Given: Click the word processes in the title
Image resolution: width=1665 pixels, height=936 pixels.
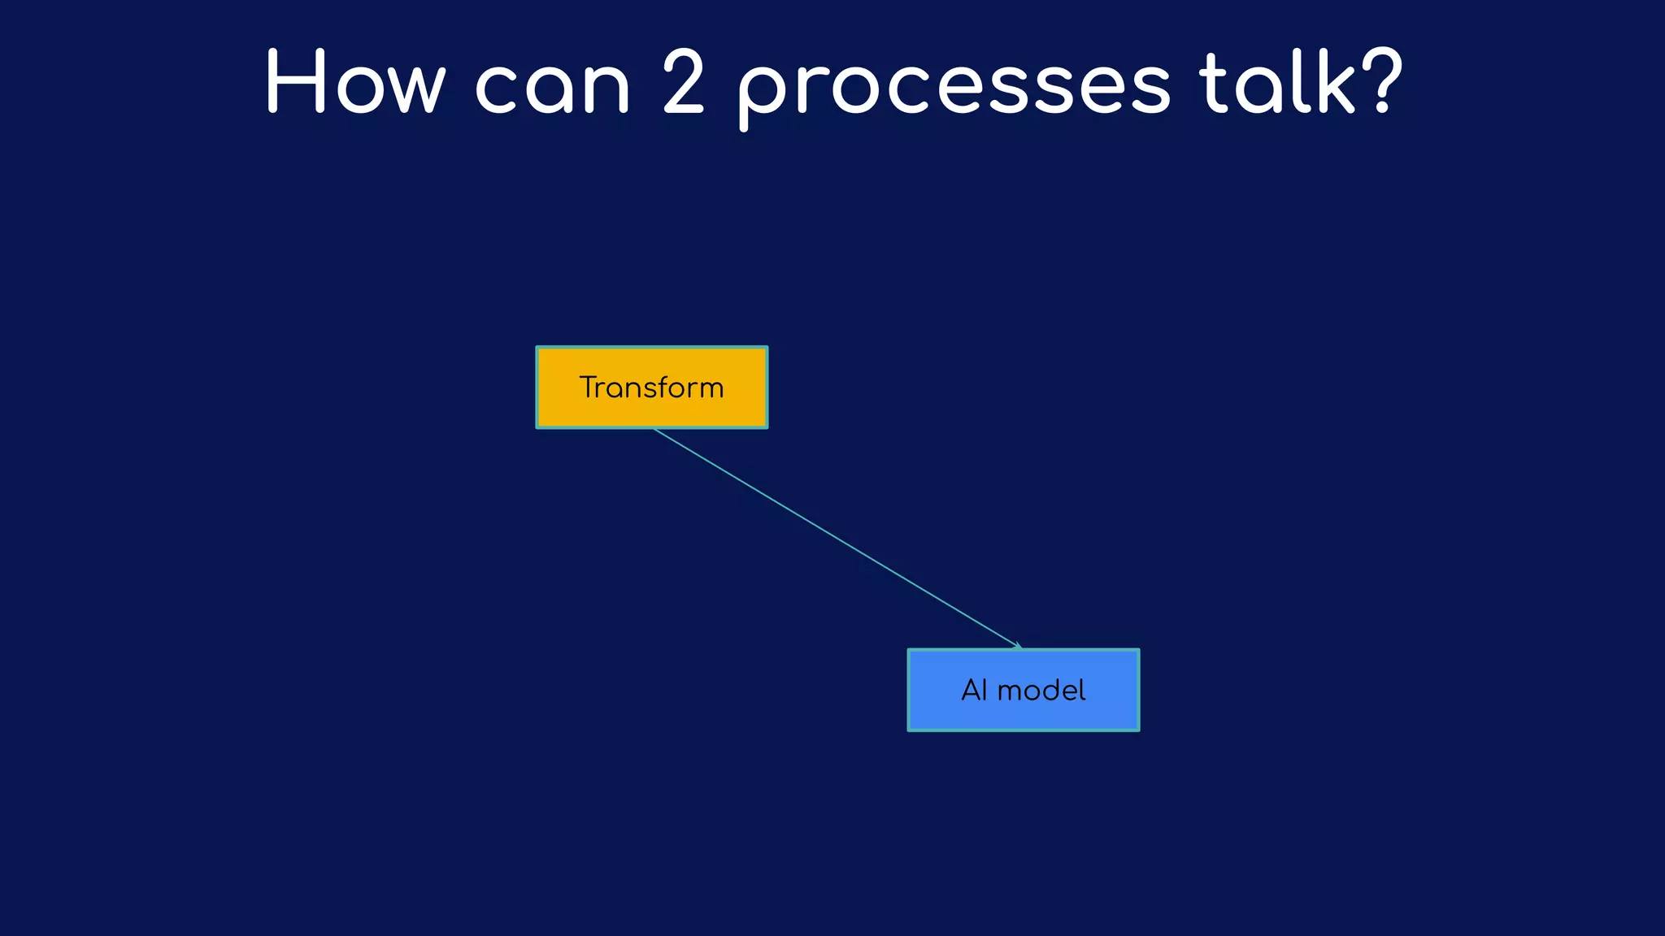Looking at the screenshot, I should click(x=954, y=88).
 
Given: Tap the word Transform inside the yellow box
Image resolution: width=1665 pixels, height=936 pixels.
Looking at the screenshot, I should click(x=651, y=388).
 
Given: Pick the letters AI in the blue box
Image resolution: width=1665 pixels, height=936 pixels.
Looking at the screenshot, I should click(x=973, y=691).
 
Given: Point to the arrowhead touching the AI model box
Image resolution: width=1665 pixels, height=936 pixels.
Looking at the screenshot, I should click(x=1018, y=646).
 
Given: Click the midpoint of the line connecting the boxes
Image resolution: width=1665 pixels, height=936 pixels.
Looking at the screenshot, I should click(x=837, y=538).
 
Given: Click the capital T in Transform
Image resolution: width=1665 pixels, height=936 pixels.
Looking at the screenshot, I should click(x=589, y=388).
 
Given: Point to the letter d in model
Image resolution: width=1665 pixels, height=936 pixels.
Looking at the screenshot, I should click(x=1054, y=690).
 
